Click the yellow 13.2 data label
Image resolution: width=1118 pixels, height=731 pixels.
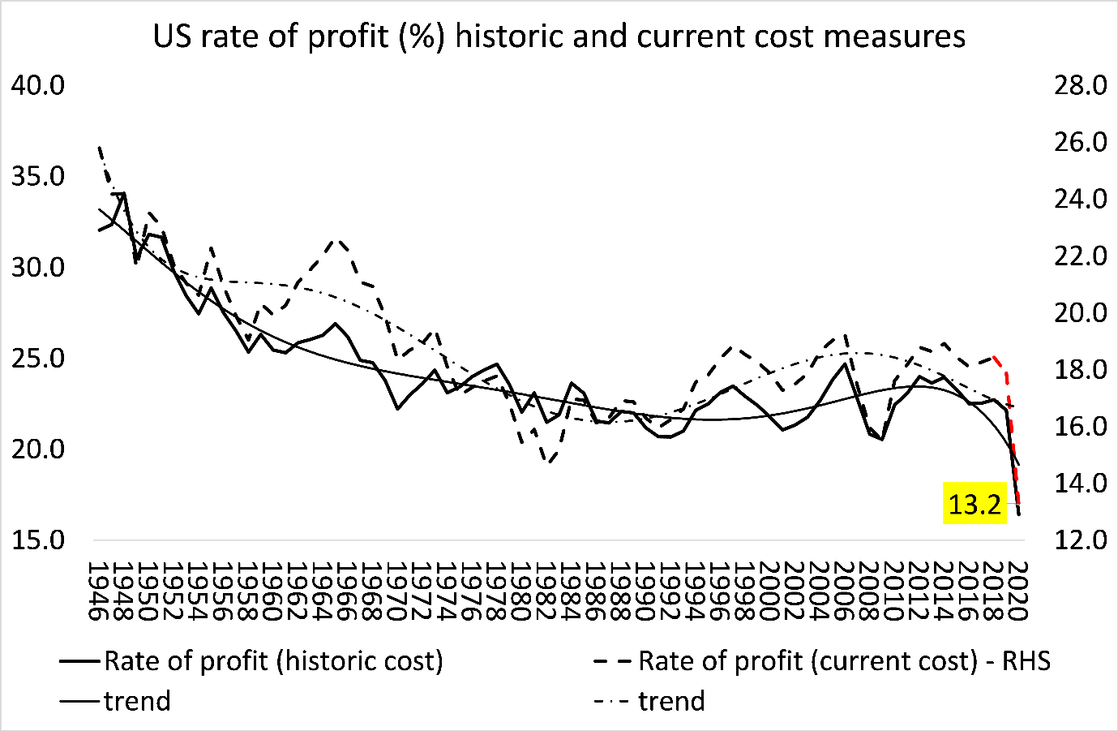[975, 505]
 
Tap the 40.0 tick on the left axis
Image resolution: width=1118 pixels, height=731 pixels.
[38, 85]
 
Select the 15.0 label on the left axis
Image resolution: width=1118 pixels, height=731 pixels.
[38, 540]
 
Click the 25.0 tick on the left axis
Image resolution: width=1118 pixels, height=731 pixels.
[38, 358]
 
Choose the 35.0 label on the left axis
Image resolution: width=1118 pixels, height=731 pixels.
[38, 176]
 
